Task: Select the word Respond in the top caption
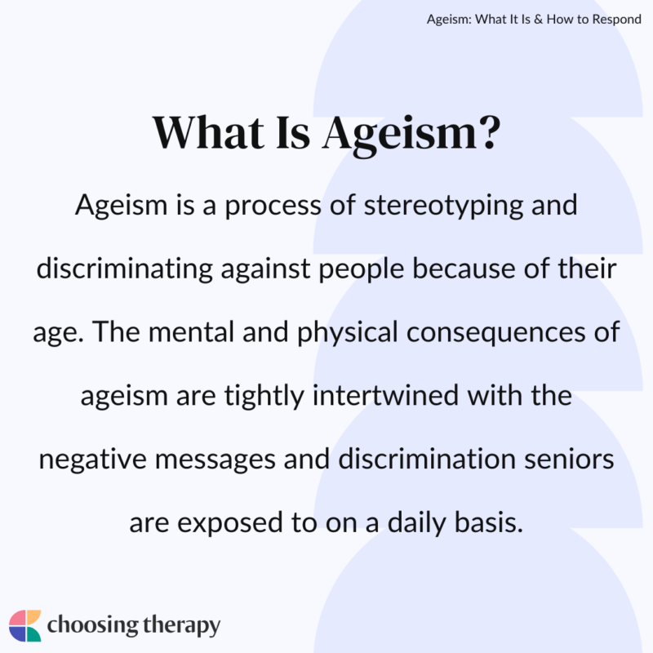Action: (x=614, y=19)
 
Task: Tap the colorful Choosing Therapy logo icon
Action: (x=24, y=624)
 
